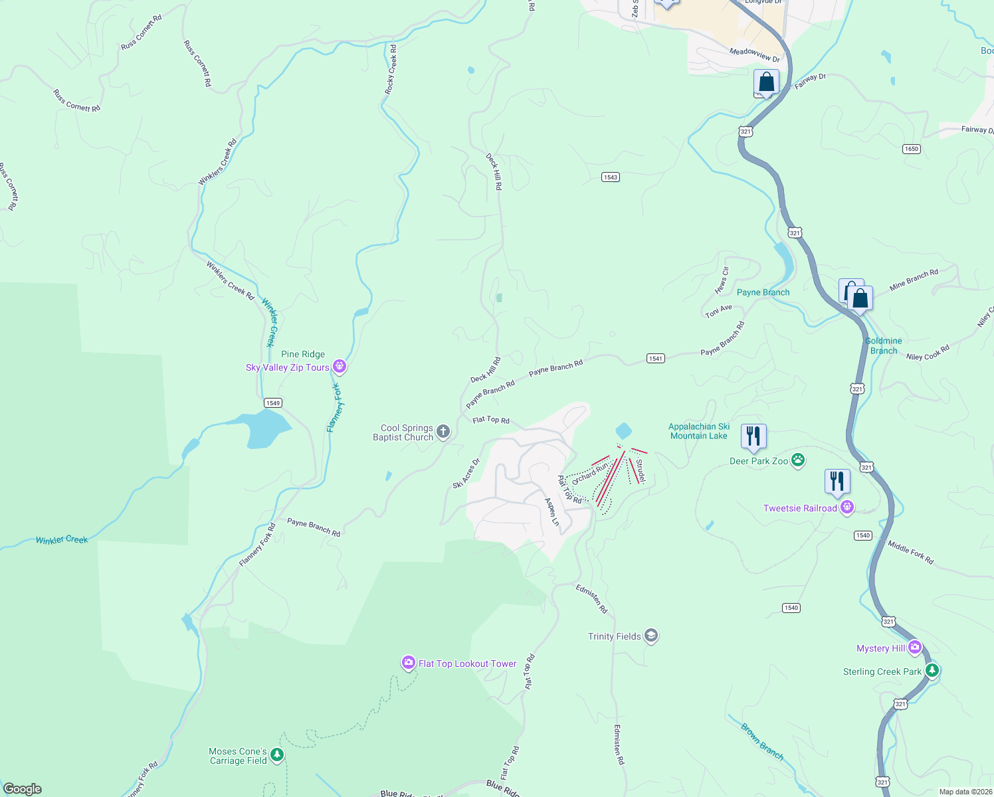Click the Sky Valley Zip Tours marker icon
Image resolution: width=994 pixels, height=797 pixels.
click(x=340, y=366)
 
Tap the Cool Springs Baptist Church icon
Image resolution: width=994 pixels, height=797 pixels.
click(x=443, y=432)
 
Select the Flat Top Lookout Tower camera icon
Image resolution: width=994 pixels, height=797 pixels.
click(x=409, y=662)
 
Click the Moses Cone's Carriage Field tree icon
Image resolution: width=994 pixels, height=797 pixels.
click(x=277, y=755)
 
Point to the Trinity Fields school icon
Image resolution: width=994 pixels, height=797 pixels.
click(x=651, y=636)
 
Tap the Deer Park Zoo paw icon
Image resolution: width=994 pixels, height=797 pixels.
click(x=798, y=460)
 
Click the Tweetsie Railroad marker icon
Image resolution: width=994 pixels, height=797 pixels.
click(x=846, y=508)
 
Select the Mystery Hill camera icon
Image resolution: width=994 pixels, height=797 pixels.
click(x=915, y=647)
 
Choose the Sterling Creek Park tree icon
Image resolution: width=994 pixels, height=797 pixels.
click(x=932, y=671)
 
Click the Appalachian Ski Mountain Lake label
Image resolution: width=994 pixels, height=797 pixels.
click(x=699, y=431)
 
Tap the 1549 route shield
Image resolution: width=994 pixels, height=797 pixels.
click(x=272, y=402)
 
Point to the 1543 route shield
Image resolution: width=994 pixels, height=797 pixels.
click(x=611, y=177)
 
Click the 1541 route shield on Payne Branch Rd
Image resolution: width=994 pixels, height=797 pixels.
click(x=655, y=358)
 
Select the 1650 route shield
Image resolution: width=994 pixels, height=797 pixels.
click(x=911, y=149)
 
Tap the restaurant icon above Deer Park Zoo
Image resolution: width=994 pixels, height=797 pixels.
click(x=753, y=436)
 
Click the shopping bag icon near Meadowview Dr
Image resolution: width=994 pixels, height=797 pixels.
click(x=766, y=82)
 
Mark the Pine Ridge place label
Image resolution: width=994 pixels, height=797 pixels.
click(x=303, y=354)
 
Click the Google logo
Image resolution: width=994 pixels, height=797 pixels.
click(x=23, y=788)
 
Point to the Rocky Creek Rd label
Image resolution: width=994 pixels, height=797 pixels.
click(x=391, y=70)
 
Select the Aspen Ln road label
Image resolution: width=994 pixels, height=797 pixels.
click(x=552, y=512)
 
